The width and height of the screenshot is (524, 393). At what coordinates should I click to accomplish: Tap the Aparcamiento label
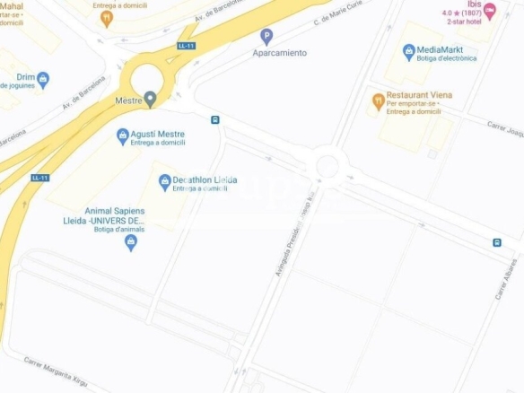[x=279, y=53]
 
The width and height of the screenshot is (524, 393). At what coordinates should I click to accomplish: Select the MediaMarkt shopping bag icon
[x=409, y=52]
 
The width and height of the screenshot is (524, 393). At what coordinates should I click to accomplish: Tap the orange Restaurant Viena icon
[x=378, y=100]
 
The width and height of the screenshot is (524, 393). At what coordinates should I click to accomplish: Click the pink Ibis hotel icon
[x=490, y=13]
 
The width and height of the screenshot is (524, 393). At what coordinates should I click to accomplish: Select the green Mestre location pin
[x=150, y=98]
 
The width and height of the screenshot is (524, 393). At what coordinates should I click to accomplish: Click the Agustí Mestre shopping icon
[x=123, y=135]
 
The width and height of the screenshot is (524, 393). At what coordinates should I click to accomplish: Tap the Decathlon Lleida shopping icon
[x=164, y=182]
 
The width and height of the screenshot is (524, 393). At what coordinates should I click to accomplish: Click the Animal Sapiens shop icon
[x=130, y=241]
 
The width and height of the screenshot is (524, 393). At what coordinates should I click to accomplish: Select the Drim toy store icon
[x=43, y=80]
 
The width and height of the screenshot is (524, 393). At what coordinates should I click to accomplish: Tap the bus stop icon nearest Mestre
[x=215, y=119]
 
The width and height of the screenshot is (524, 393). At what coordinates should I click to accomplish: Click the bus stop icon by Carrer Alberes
[x=497, y=242]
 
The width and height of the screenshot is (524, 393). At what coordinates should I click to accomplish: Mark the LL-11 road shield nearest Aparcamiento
[x=187, y=46]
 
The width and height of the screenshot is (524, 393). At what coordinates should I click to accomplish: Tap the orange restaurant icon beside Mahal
[x=107, y=16]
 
